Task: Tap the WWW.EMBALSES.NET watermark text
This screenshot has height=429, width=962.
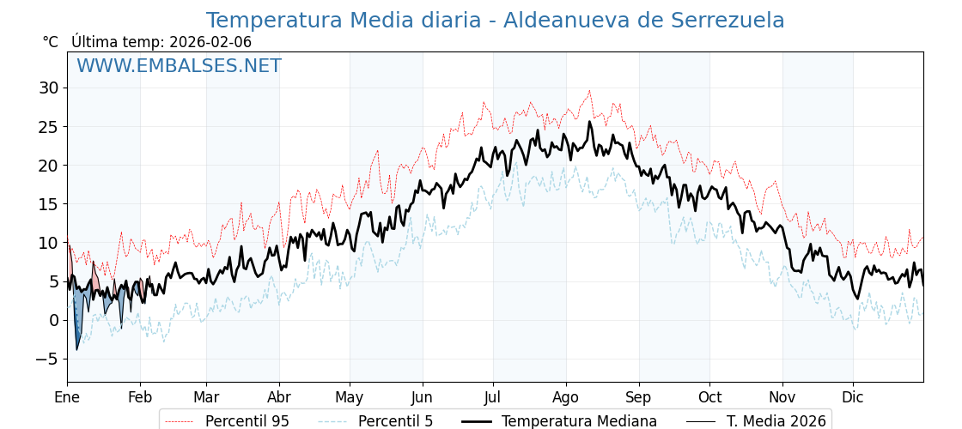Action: pos(179,66)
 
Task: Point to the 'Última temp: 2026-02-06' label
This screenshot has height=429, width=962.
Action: pos(161,42)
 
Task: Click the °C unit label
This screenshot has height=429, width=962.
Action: pos(51,42)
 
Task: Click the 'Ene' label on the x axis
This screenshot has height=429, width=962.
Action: pos(67,397)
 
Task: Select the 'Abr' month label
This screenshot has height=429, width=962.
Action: pos(279,397)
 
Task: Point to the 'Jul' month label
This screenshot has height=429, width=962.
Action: pos(493,397)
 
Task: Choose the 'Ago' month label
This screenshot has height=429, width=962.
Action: pos(566,397)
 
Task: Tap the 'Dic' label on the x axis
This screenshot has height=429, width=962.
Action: pos(853,397)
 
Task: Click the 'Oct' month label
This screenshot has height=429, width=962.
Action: pos(709,397)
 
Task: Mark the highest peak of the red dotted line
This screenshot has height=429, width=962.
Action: pos(589,91)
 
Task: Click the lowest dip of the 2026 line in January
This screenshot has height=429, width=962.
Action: pos(76,349)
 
